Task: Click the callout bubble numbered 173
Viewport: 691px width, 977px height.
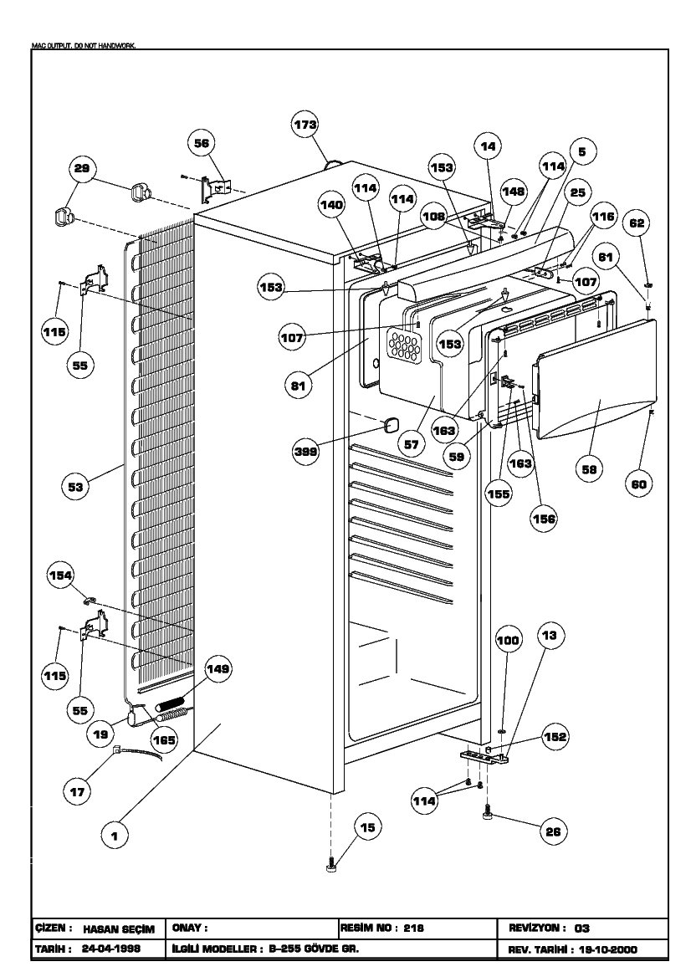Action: (x=305, y=125)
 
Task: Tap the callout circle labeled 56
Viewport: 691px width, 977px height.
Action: (x=202, y=143)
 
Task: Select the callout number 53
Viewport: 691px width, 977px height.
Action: (x=75, y=487)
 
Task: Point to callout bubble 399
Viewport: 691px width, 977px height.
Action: (x=305, y=452)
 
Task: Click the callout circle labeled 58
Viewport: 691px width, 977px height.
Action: (x=589, y=469)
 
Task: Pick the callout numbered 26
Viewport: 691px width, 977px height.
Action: (x=553, y=831)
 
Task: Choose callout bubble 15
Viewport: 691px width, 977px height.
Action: (x=367, y=826)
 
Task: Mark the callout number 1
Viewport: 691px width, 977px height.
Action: (x=115, y=836)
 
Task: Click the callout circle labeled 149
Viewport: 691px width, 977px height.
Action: (x=218, y=669)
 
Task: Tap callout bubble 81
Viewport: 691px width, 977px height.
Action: (x=299, y=386)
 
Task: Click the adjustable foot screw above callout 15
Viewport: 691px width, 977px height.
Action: (x=331, y=866)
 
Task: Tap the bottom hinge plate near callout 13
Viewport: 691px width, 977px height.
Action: (x=484, y=756)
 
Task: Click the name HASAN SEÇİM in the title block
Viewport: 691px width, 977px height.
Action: (x=119, y=929)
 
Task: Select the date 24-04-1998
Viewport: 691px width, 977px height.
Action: (x=111, y=949)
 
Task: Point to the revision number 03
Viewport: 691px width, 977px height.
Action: (x=581, y=928)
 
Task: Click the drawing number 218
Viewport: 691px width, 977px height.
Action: (x=414, y=928)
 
